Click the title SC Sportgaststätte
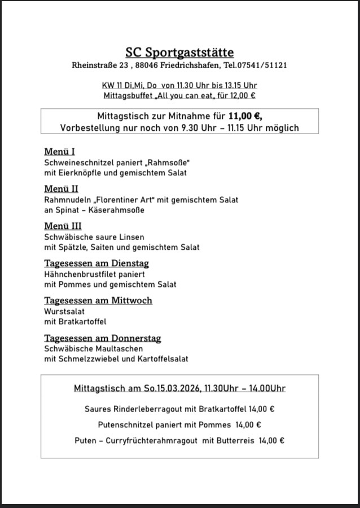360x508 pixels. [x=179, y=52]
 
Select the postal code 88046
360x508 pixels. [x=147, y=65]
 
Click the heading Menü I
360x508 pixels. [x=59, y=152]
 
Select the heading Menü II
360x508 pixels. [x=61, y=189]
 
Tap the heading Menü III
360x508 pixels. [x=63, y=226]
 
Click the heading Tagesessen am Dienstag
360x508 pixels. [x=96, y=263]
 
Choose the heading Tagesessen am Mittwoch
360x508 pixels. [x=98, y=301]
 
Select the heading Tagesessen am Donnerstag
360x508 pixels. [x=103, y=338]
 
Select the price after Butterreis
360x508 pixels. [x=271, y=440]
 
